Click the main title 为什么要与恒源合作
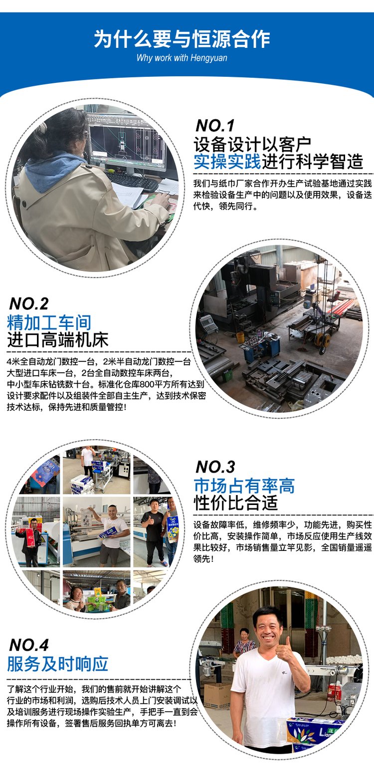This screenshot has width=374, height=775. [182, 39]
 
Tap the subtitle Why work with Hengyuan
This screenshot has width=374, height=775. [182, 58]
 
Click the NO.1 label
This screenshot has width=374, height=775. [215, 126]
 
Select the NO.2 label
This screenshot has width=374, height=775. [29, 304]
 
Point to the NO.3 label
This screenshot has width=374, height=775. [215, 467]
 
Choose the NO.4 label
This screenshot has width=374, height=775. [29, 645]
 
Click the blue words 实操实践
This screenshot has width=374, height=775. [227, 162]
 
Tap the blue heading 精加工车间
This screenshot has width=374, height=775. [49, 322]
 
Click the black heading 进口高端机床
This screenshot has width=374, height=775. [58, 340]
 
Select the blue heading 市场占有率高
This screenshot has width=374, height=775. [244, 486]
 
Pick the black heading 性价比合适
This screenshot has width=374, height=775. [236, 503]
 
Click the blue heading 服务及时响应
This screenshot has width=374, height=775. [58, 664]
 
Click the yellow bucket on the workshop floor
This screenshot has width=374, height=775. [240, 337]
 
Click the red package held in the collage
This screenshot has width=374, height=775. [30, 537]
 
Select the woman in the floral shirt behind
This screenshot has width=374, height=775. [244, 643]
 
